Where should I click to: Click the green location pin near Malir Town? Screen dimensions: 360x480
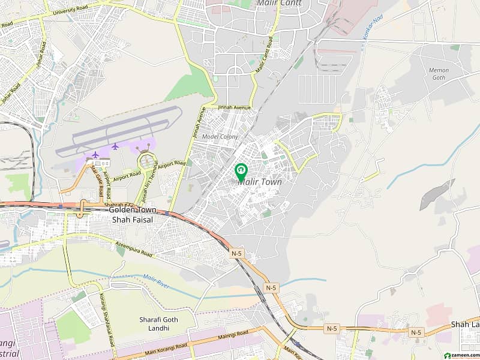241,172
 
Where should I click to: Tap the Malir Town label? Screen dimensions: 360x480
260,182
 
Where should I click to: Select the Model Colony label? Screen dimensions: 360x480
220,137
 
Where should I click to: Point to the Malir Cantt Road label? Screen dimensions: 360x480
262,55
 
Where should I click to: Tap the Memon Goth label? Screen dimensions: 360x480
439,74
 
